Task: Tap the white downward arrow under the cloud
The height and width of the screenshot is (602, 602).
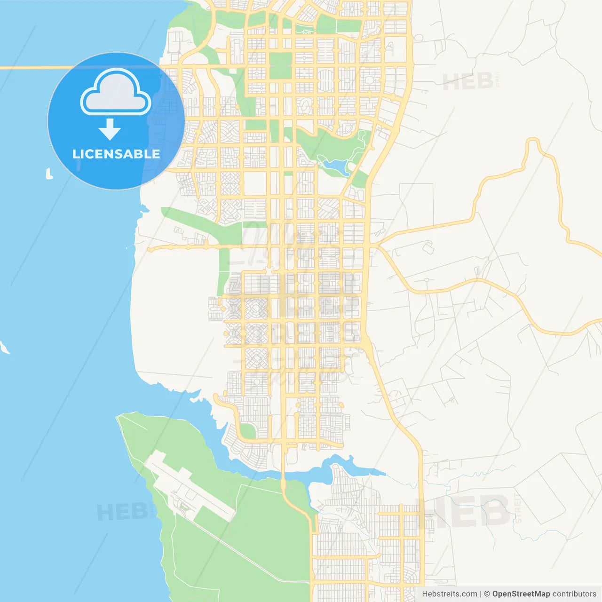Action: click(x=110, y=129)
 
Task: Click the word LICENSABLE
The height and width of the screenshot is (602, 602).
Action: click(x=116, y=154)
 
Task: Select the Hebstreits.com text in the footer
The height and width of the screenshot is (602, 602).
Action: click(x=449, y=594)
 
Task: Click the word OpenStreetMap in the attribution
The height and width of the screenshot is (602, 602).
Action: click(x=521, y=594)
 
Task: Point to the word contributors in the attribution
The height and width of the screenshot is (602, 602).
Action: click(x=574, y=594)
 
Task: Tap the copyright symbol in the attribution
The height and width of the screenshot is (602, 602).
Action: click(x=487, y=594)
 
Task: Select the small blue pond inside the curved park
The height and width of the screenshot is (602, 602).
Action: click(x=335, y=166)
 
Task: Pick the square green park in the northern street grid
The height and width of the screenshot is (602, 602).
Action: click(x=280, y=65)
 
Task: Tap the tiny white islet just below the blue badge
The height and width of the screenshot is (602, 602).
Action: click(x=48, y=174)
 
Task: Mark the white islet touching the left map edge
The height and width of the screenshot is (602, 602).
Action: click(x=4, y=348)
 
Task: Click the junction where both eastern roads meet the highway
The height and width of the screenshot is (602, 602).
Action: click(x=374, y=245)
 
